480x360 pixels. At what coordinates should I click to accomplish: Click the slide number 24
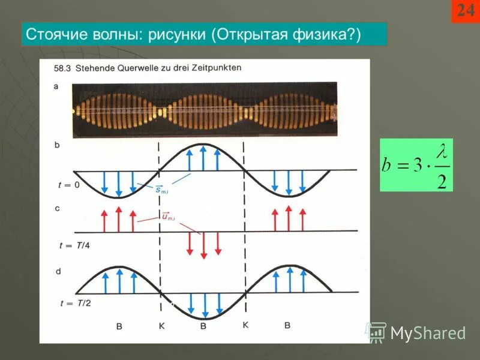pos(466,11)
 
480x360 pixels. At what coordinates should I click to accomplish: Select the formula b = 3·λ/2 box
pos(416,165)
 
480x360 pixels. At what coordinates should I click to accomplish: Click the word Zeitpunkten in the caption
pos(217,68)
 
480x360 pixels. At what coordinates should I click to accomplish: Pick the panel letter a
pos(56,86)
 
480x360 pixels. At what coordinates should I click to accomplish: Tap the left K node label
pos(161,326)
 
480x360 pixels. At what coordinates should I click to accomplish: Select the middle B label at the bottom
pos(203,326)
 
